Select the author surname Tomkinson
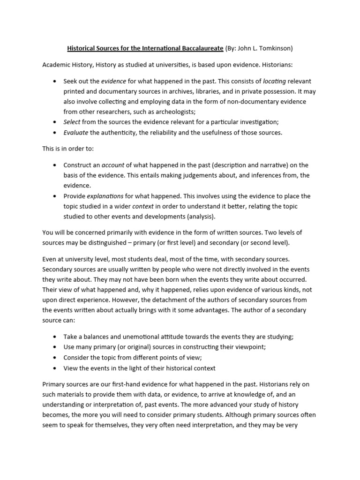tap(275, 48)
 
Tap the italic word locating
tap(275, 81)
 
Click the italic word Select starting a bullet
tap(72, 121)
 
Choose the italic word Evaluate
tap(75, 133)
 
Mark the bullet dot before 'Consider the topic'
tap(56, 358)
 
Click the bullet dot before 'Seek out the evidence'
tap(56, 81)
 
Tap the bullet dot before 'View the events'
tap(56, 368)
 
